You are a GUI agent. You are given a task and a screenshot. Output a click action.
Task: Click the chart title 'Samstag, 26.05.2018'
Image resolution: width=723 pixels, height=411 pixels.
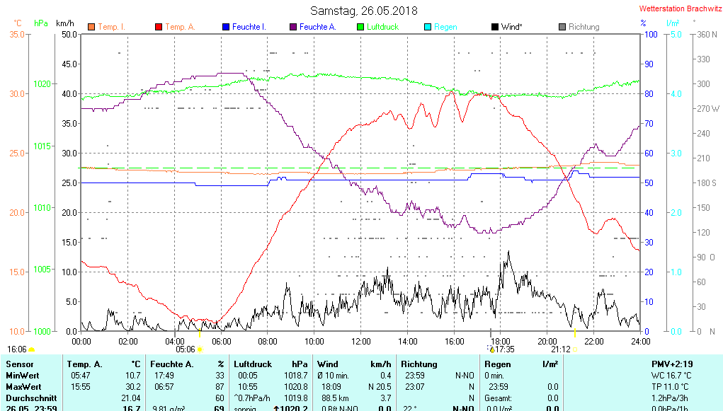point(364,11)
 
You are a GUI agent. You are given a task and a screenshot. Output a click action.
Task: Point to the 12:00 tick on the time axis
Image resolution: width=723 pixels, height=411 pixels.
point(360,341)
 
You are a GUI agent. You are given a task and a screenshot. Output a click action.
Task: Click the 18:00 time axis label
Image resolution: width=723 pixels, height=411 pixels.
point(500,341)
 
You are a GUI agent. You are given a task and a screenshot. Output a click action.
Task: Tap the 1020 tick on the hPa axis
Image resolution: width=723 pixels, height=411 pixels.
point(42,83)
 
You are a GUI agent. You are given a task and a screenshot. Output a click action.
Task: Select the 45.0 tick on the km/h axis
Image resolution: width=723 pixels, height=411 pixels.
point(69,64)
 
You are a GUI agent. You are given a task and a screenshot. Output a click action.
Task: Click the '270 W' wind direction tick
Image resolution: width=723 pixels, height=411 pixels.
point(708,109)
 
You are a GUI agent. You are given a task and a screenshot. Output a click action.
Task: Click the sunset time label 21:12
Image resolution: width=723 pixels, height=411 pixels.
point(561,349)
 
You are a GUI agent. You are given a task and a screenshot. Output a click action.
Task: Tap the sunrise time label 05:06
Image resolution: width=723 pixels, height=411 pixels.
point(186,349)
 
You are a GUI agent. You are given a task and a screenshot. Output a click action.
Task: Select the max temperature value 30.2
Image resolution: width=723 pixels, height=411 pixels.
point(133,387)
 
